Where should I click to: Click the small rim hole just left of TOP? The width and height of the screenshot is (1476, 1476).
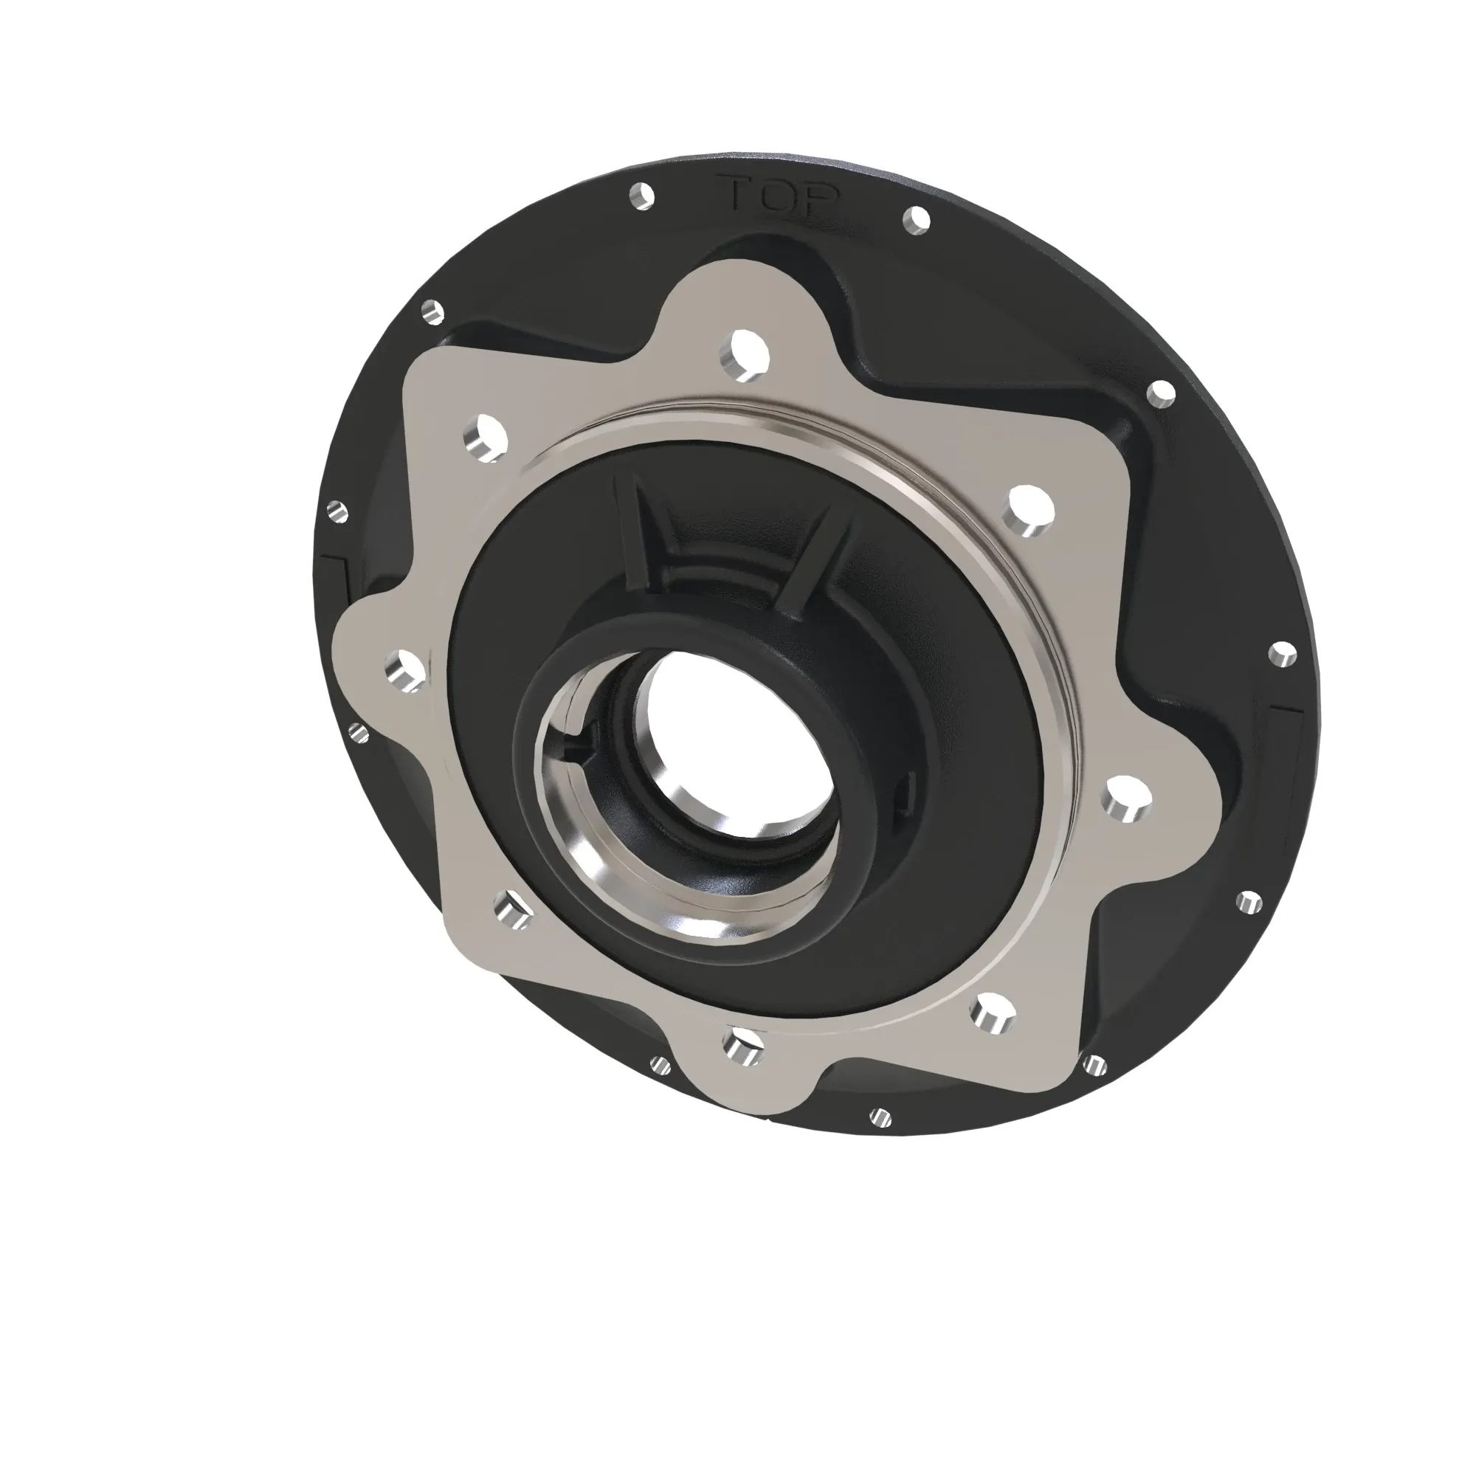click(x=642, y=195)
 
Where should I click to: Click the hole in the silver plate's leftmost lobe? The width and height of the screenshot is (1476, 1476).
click(x=406, y=671)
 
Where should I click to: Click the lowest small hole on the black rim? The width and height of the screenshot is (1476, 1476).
click(x=881, y=1117)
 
